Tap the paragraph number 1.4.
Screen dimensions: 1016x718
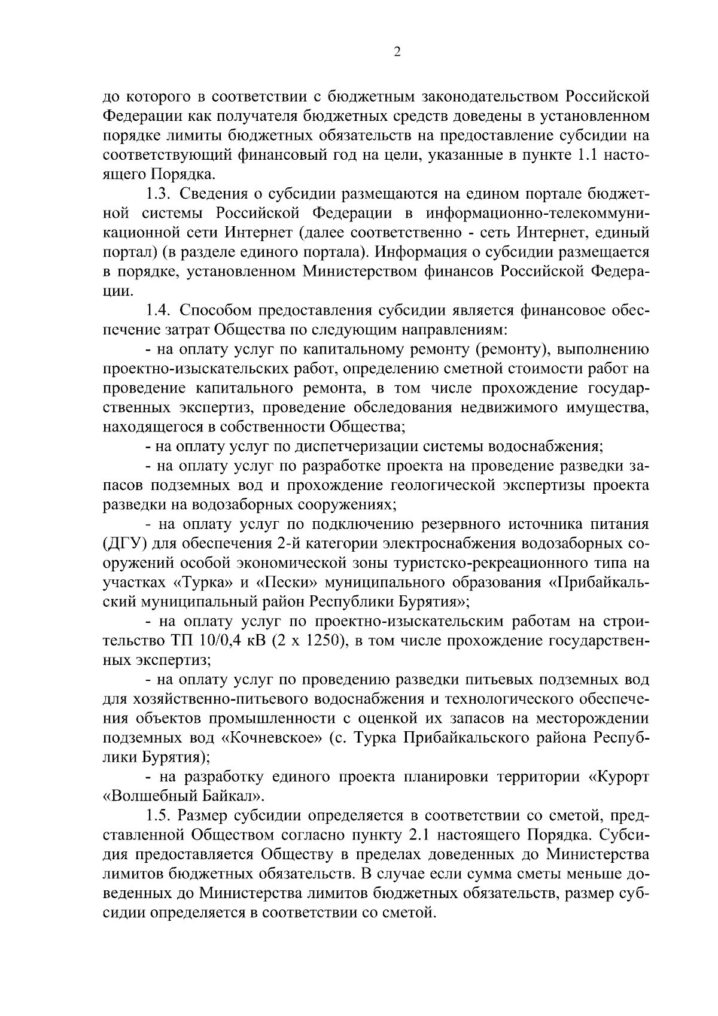(159, 311)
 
